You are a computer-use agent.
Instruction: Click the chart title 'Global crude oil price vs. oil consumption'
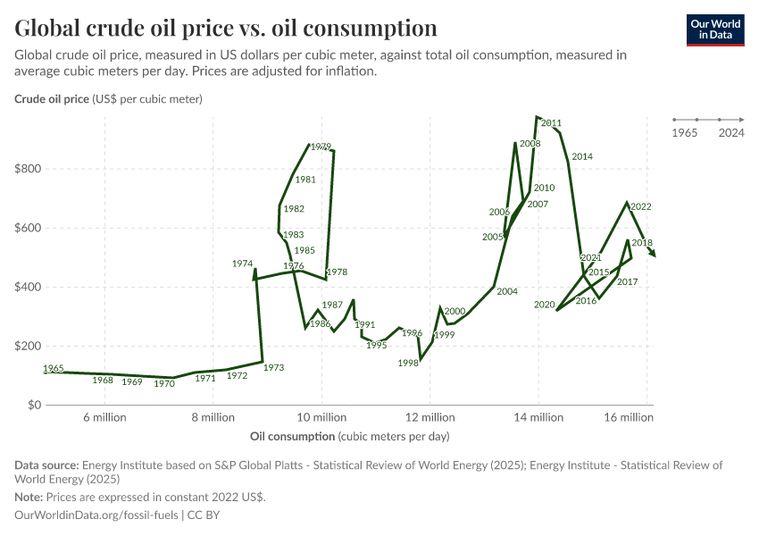tap(226, 28)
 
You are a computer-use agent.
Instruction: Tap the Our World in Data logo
tap(715, 29)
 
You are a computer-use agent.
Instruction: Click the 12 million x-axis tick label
tap(430, 417)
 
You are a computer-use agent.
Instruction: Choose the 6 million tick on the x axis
tap(104, 417)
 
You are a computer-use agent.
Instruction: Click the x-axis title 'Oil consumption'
tap(293, 437)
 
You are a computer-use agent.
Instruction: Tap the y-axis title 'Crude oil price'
tap(52, 98)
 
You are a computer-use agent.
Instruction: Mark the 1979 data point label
tap(321, 147)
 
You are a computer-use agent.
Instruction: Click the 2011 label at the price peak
tap(551, 123)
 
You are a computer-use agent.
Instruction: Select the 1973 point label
tap(274, 367)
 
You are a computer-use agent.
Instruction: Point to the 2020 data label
tap(545, 305)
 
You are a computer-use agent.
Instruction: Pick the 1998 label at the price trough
tap(409, 363)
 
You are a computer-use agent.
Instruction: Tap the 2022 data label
tap(640, 206)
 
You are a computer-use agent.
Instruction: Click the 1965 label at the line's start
tap(53, 368)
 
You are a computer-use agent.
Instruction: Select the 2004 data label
tap(507, 291)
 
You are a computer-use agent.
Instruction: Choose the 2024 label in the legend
tap(731, 133)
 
